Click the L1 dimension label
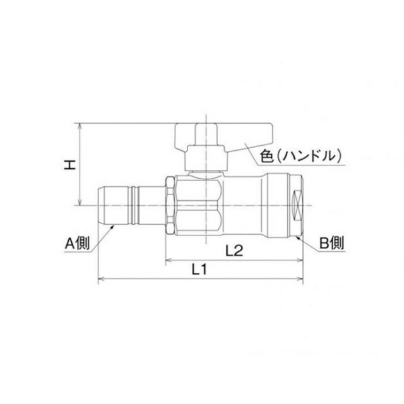click(199, 270)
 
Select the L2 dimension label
click(234, 251)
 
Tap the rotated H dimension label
click(70, 165)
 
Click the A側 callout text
click(77, 243)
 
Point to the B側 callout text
click(331, 243)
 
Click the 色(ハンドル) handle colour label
click(300, 156)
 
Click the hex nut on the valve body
click(170, 205)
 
